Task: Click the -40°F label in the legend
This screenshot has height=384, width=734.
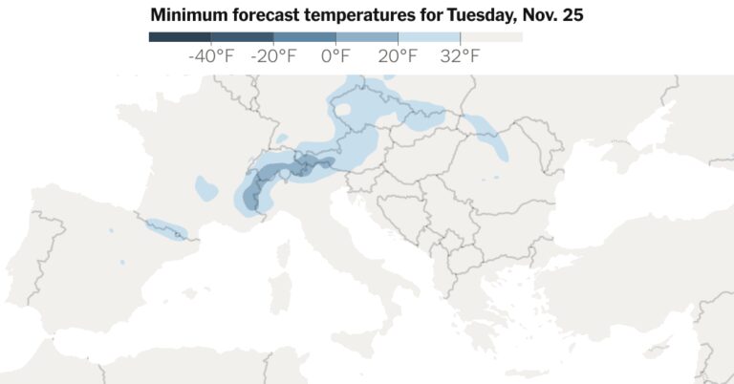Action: (211, 56)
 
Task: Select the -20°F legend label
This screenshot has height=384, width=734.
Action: (273, 56)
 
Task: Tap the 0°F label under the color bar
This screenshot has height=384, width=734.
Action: (335, 56)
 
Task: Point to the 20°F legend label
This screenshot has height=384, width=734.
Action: (398, 56)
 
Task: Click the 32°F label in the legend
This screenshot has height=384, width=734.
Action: (460, 56)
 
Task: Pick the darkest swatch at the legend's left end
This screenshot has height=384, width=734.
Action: (180, 37)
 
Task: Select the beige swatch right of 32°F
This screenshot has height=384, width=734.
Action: (491, 37)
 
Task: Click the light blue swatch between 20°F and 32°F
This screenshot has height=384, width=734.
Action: (429, 37)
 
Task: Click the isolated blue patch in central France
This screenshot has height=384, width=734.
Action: (205, 187)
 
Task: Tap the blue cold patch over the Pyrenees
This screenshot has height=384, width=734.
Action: (164, 229)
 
